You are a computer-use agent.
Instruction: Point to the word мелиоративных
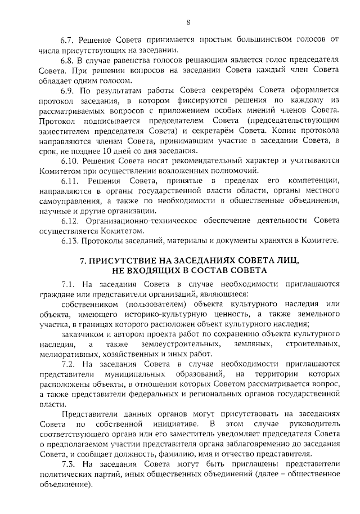66,354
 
